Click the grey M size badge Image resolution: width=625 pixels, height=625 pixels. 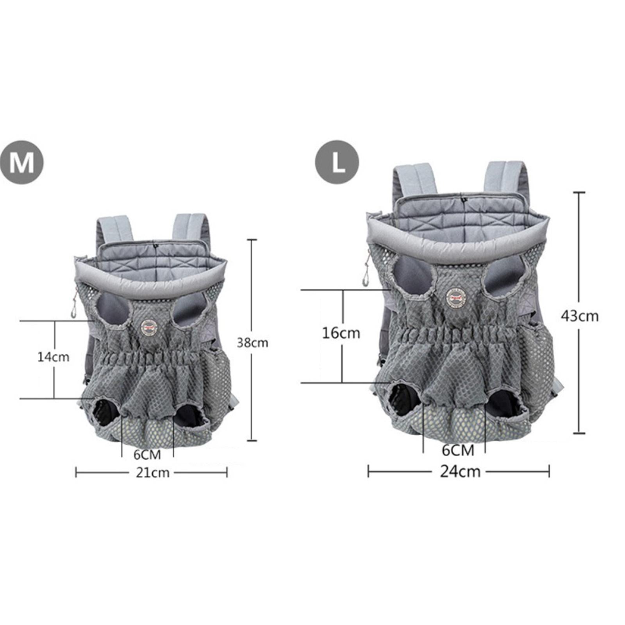[21, 162]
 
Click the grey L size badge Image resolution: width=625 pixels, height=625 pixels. [337, 162]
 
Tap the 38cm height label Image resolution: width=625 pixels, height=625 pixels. [253, 343]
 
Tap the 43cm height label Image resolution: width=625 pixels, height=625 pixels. [580, 316]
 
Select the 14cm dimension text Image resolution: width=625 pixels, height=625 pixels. [54, 357]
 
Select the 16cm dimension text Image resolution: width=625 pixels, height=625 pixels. [341, 333]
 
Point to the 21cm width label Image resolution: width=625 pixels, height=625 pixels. [152, 473]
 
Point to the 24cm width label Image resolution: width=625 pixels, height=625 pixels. [460, 471]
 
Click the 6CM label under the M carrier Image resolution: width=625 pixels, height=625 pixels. [147, 455]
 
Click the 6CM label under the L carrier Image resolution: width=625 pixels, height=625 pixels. [458, 450]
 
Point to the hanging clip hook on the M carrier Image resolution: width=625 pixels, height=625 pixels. [73, 311]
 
